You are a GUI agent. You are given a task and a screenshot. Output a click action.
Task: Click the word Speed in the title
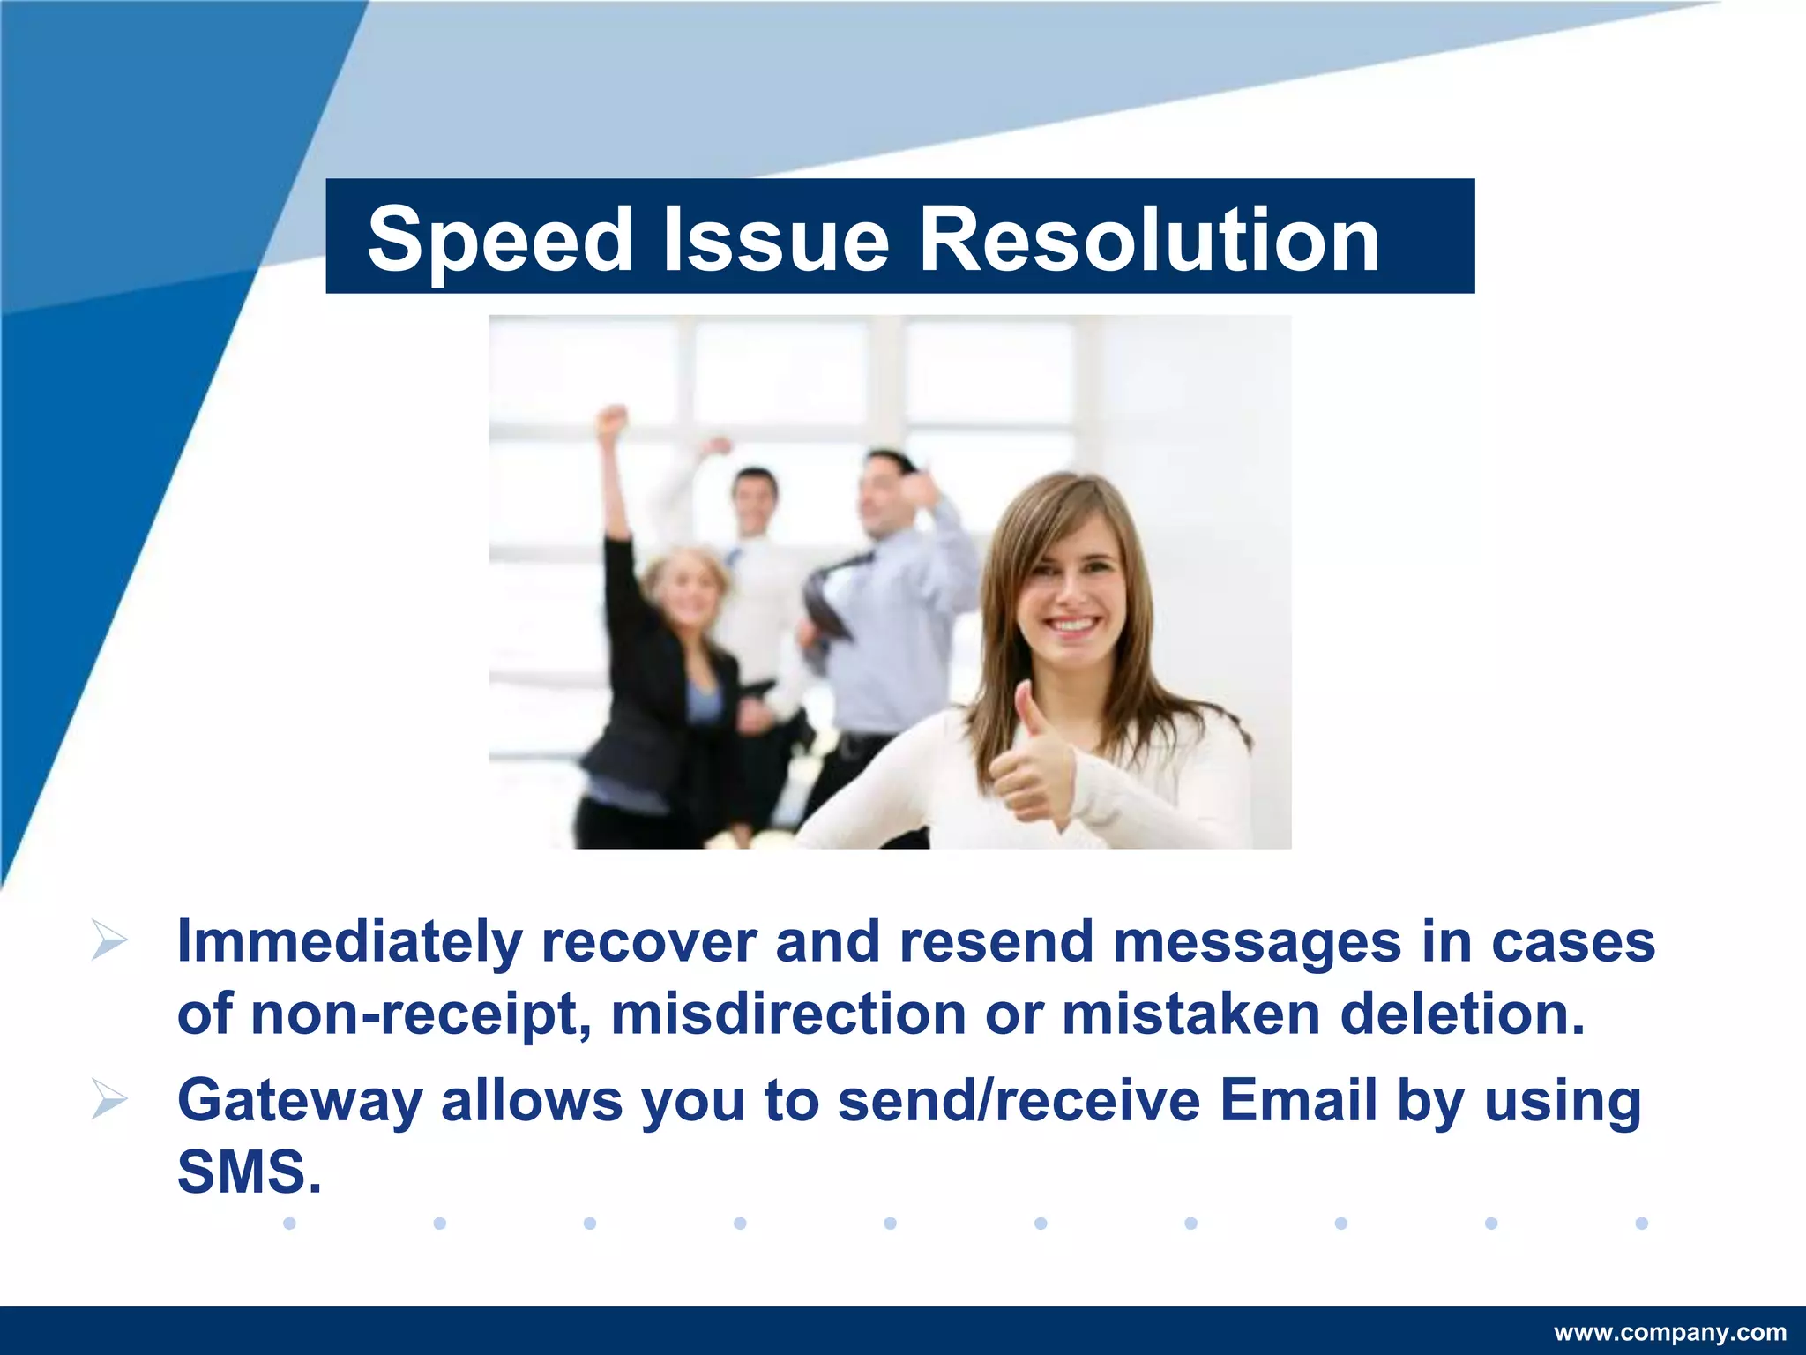(x=499, y=239)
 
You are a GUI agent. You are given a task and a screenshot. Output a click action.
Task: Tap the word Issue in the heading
(x=775, y=239)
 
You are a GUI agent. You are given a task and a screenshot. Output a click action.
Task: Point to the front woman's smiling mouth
(x=1071, y=625)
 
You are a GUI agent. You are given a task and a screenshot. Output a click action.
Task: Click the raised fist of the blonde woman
(x=611, y=422)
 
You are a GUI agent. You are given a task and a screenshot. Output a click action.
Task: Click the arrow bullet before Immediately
(x=109, y=942)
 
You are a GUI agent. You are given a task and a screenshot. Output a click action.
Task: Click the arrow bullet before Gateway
(x=109, y=1101)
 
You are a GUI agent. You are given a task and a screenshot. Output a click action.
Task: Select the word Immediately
(x=349, y=942)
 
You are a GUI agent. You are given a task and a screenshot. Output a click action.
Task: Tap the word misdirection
(x=788, y=1014)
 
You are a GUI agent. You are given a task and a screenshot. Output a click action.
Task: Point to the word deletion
(x=1462, y=1014)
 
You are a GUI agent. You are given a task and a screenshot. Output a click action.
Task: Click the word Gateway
(x=300, y=1101)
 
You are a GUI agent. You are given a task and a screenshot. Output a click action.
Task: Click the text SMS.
(x=249, y=1172)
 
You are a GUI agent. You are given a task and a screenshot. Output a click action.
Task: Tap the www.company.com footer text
(x=1669, y=1332)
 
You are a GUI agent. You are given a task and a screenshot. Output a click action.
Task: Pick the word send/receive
(x=1019, y=1101)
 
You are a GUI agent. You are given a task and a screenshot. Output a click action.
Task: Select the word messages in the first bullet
(x=1257, y=942)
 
